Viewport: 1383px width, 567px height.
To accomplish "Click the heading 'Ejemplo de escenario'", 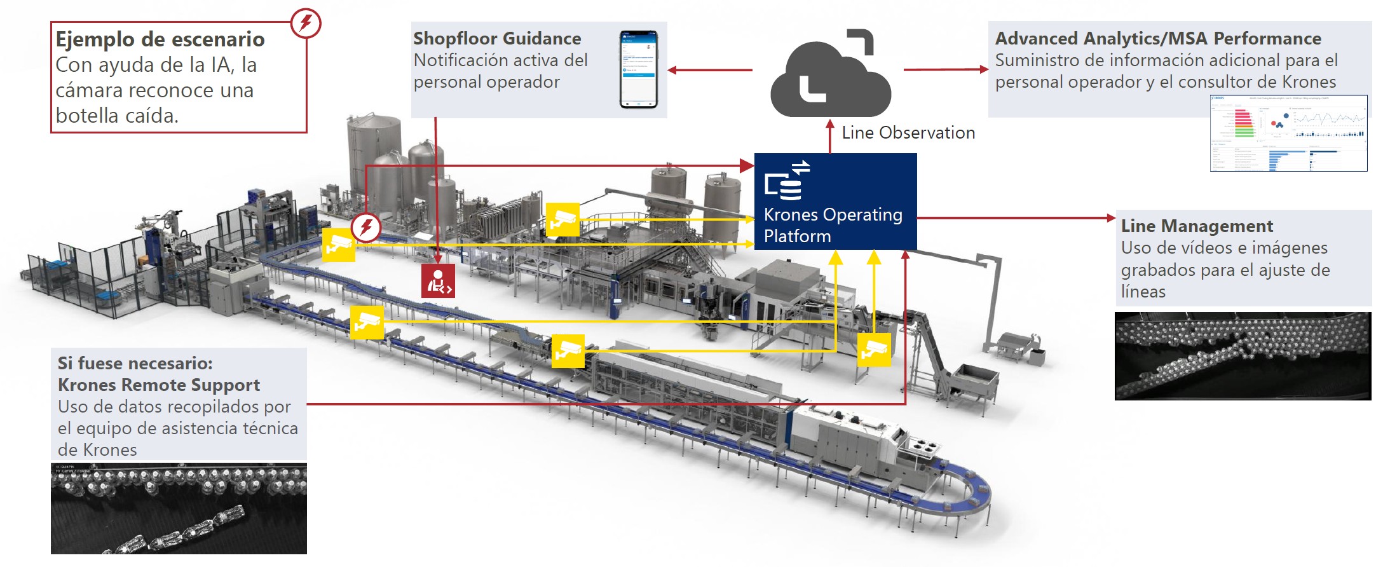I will click(x=160, y=39).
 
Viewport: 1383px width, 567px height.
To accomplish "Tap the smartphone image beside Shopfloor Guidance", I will click(x=639, y=69).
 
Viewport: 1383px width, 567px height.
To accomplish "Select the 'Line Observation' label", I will click(x=908, y=133).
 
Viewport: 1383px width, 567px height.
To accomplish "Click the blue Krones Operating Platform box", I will click(x=835, y=201).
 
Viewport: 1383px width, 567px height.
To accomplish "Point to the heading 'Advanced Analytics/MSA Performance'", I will click(x=1157, y=39).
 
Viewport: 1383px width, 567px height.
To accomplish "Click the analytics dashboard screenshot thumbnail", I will click(x=1288, y=133).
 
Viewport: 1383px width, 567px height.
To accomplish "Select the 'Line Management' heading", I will click(x=1196, y=226).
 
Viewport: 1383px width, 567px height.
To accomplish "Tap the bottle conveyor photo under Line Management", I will click(x=1242, y=355).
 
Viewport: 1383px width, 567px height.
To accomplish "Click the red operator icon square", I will click(x=438, y=282).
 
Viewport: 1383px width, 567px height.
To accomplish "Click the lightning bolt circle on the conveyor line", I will click(x=366, y=227).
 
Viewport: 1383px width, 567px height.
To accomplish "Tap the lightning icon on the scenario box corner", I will click(x=306, y=23).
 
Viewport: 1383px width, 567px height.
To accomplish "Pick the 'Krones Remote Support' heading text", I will click(x=158, y=385).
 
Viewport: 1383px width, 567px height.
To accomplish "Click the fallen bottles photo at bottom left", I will click(x=179, y=509).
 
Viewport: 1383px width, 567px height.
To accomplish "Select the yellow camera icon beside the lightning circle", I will click(x=339, y=245).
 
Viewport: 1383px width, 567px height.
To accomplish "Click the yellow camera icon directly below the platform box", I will click(x=874, y=350).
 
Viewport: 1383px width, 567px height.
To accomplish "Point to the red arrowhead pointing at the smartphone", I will click(x=672, y=70).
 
